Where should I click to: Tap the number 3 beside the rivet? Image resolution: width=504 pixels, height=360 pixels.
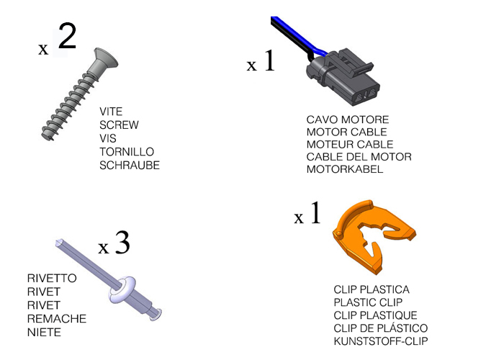(x=122, y=244)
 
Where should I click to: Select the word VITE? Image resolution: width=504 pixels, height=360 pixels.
(x=111, y=112)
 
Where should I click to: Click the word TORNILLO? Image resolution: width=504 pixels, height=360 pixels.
(x=127, y=152)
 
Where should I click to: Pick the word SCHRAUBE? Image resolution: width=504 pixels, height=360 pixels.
(x=130, y=165)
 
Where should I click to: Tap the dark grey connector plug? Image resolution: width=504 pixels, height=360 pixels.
(x=345, y=75)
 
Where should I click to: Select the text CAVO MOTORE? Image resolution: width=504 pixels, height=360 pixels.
(x=348, y=120)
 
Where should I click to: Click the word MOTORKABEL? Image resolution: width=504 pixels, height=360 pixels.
(x=345, y=170)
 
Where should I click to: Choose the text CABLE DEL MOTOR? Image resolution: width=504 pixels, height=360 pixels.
(x=359, y=157)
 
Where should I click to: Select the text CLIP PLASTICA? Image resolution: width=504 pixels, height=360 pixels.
(x=372, y=289)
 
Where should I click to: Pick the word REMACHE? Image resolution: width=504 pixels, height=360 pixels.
(x=56, y=319)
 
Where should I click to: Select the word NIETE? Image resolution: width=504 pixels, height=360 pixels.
(x=44, y=332)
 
